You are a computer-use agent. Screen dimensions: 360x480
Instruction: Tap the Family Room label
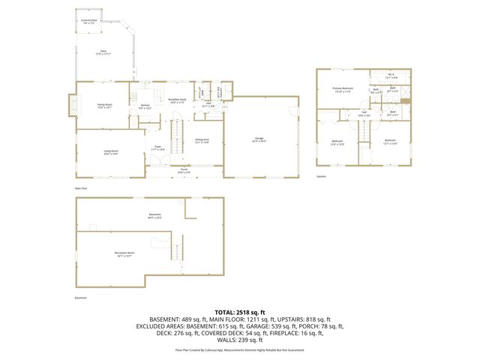click(104, 106)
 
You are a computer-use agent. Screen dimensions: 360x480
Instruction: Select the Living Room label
click(112, 152)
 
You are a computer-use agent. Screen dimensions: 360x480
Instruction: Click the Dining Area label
click(202, 140)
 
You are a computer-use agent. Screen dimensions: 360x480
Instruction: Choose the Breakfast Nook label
click(177, 100)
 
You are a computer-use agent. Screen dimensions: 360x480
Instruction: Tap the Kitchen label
click(145, 106)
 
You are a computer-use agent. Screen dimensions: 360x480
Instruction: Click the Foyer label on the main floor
click(158, 148)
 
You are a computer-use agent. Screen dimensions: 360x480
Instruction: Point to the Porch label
click(184, 170)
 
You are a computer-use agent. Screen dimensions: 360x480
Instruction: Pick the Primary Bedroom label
click(343, 90)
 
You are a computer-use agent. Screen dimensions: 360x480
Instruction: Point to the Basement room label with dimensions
click(154, 215)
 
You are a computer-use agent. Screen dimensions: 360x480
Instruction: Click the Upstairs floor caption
click(321, 177)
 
